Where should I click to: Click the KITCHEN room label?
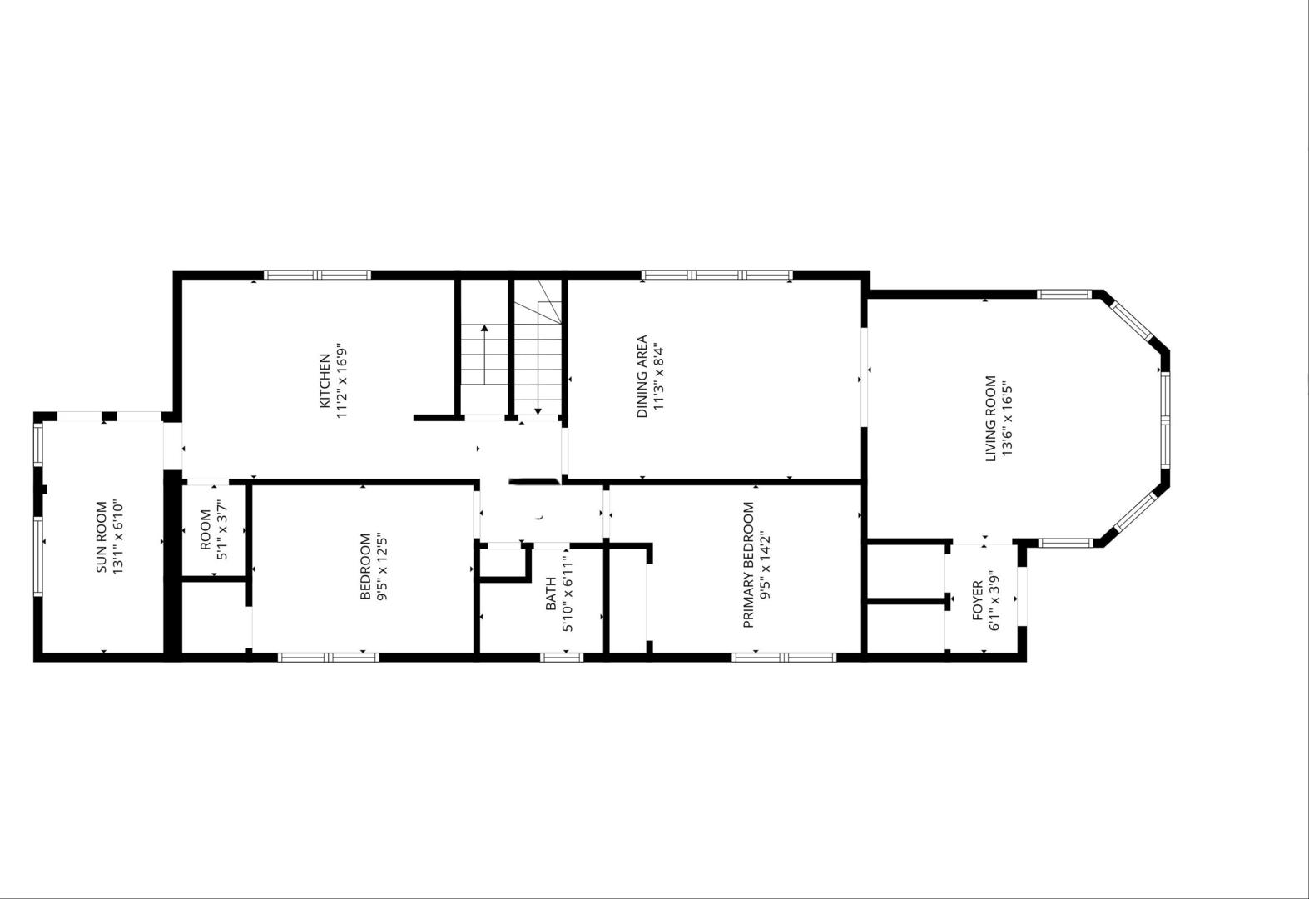[324, 380]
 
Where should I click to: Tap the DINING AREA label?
[642, 376]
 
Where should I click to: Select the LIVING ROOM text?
[990, 419]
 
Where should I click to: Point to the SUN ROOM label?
[101, 537]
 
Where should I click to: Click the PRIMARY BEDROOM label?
[748, 564]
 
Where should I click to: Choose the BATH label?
[551, 594]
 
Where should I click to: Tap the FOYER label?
[978, 600]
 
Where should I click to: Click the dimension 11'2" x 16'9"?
[342, 380]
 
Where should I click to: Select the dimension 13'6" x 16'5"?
[1008, 419]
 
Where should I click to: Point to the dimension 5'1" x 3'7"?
[222, 529]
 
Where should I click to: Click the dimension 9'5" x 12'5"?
[383, 566]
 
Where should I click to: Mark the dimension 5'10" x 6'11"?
[567, 594]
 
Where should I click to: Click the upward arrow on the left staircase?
[484, 355]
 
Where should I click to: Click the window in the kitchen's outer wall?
[317, 275]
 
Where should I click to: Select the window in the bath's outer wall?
[562, 658]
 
